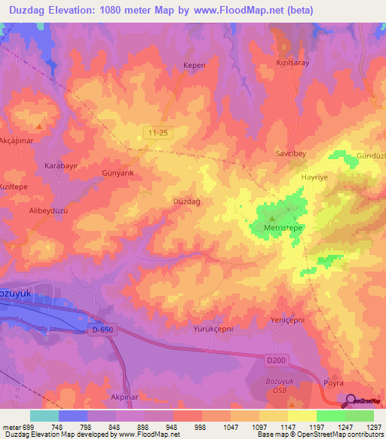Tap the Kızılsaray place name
coord(293,63)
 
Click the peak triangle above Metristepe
coord(286,201)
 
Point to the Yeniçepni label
coord(286,321)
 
